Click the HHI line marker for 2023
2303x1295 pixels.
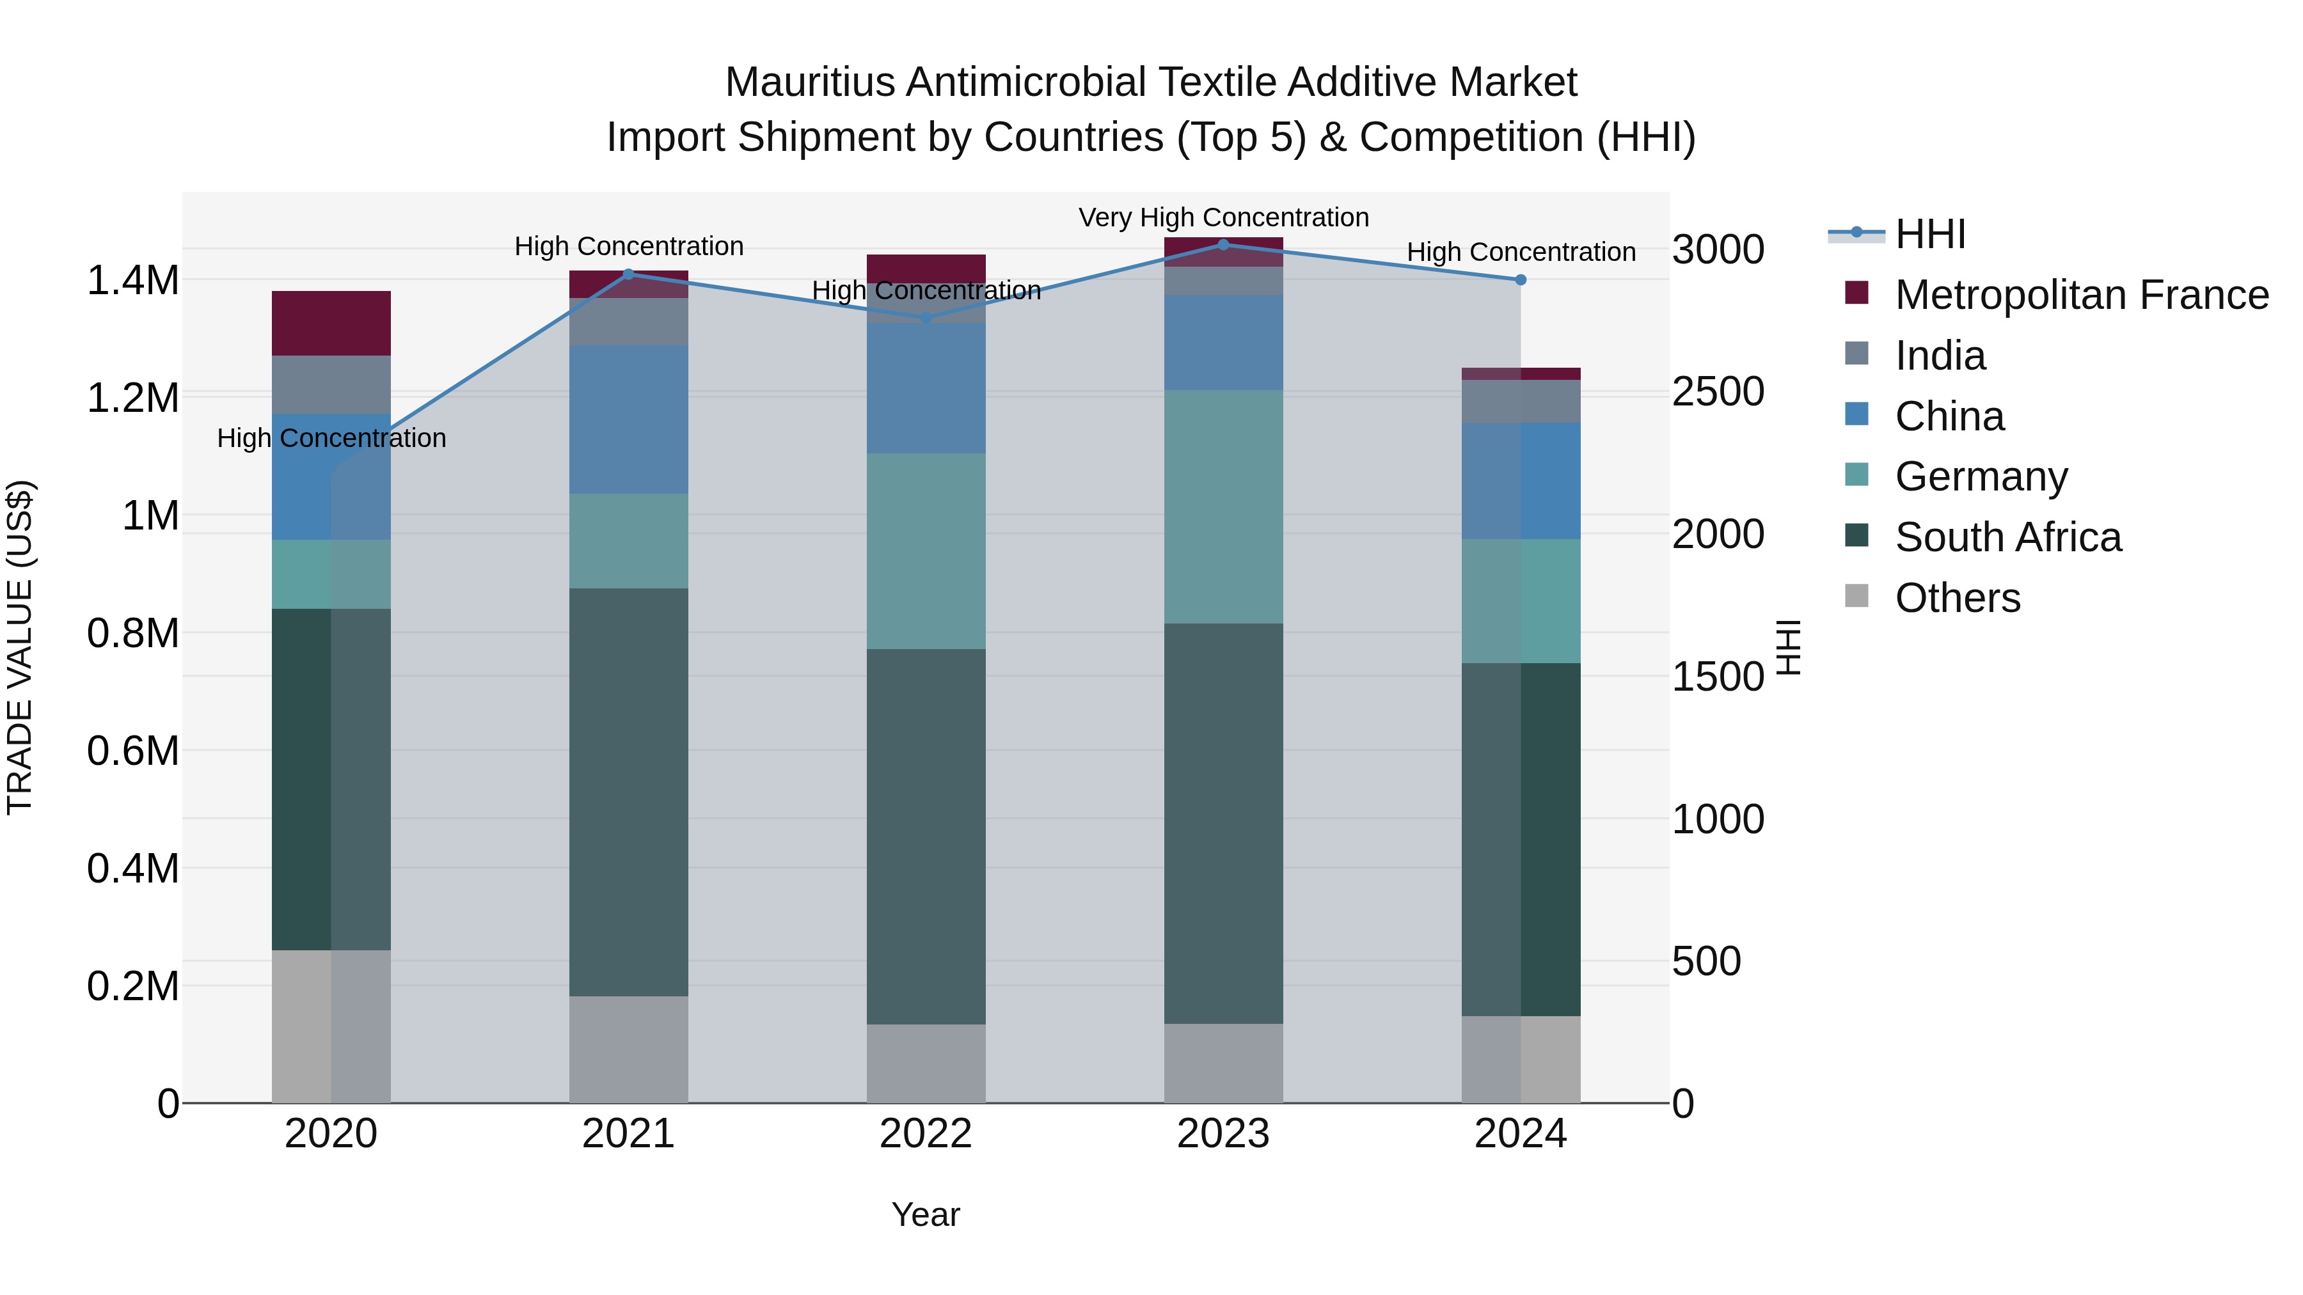coord(1223,244)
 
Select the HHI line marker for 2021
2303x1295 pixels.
coord(628,274)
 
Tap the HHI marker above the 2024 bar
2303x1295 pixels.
coord(1521,279)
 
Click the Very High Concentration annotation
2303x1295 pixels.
coord(1223,217)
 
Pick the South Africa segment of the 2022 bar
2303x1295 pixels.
coord(926,836)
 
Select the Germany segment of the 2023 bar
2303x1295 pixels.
coord(1223,506)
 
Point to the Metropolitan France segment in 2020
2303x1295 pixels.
coord(331,323)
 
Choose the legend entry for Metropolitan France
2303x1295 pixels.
coord(2081,295)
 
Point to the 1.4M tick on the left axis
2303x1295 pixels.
coord(132,281)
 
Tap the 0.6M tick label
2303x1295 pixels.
coord(132,751)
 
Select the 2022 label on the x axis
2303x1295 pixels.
coord(926,1134)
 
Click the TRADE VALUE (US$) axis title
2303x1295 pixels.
coord(20,647)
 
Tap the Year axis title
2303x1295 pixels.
coord(926,1214)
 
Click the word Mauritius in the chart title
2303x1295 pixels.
coord(810,82)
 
